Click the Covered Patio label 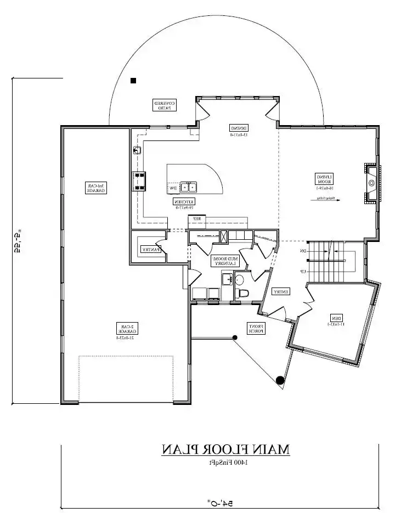(164, 105)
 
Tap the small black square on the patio (133, 81)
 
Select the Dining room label (239, 131)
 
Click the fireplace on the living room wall (371, 183)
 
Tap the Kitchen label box (185, 204)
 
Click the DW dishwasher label (173, 188)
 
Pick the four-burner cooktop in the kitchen (139, 182)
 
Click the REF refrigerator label (195, 218)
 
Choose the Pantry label (150, 249)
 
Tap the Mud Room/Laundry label (223, 261)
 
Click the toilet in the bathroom (242, 292)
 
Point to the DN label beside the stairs (302, 251)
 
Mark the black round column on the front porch (280, 379)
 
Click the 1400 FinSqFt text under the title (225, 463)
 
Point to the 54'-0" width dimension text (218, 502)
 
